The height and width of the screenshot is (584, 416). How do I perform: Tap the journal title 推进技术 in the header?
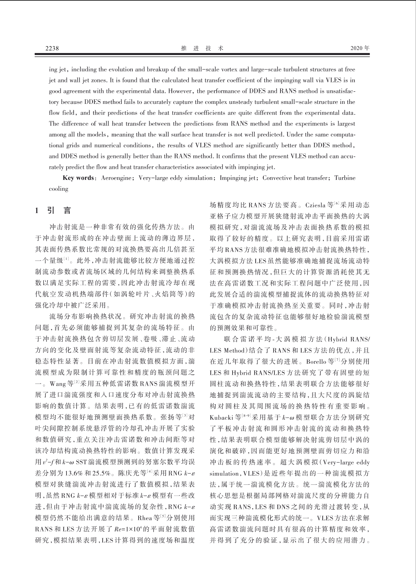point(202,48)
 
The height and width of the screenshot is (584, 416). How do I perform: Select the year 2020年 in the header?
point(360,48)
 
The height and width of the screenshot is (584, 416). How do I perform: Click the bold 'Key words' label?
point(78,178)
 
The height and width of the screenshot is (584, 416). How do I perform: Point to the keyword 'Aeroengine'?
point(116,178)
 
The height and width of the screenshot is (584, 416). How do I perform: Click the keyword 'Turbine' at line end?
point(345,178)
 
